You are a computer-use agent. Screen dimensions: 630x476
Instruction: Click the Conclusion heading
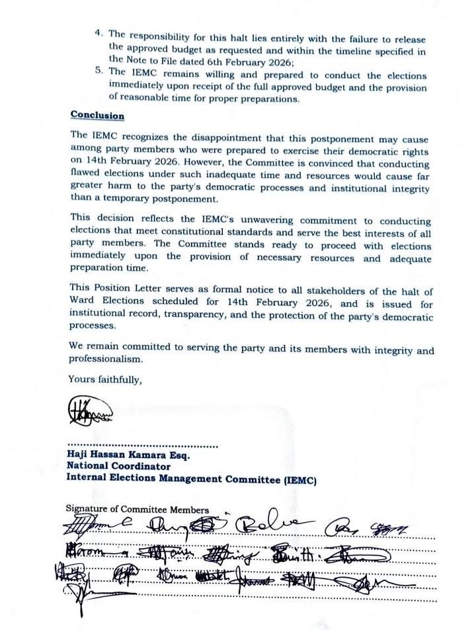click(x=97, y=115)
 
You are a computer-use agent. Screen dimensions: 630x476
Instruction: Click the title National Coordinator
click(x=118, y=466)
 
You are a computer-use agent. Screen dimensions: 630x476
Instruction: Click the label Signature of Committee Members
click(x=137, y=509)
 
